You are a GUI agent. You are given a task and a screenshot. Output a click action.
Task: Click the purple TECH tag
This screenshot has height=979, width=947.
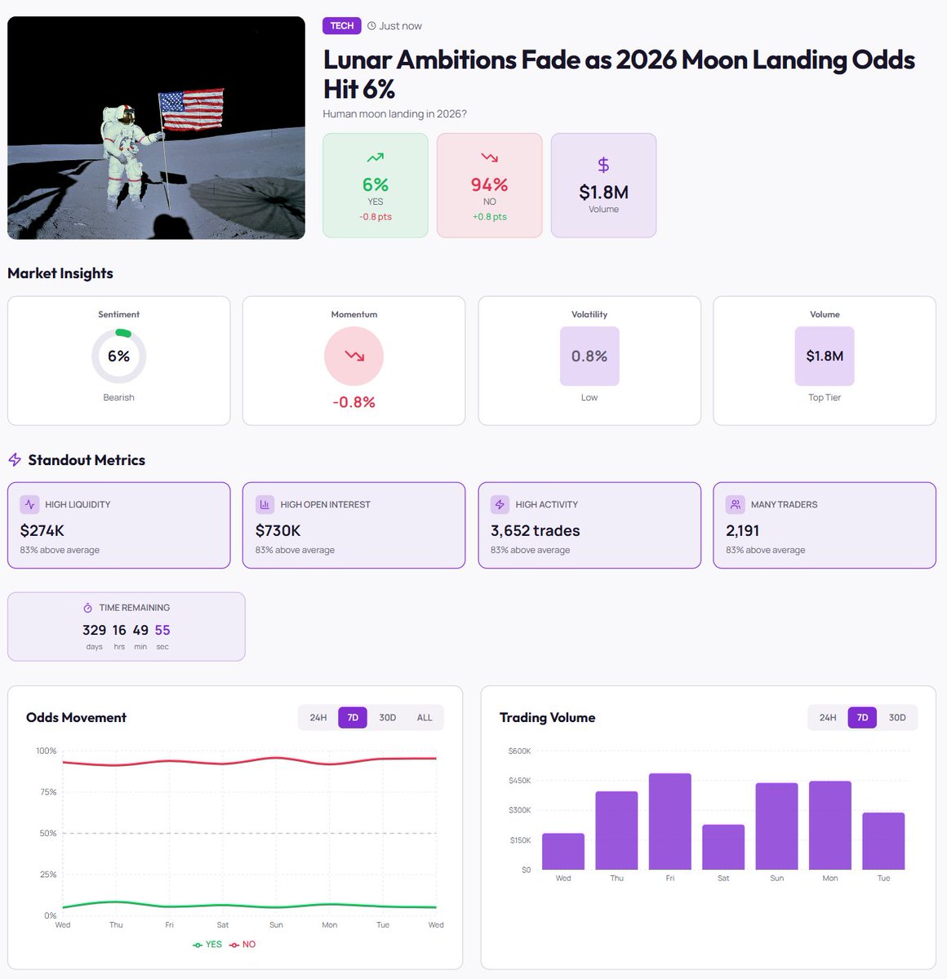click(x=341, y=25)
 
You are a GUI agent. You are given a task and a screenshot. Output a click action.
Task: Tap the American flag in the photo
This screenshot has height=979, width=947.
click(x=191, y=109)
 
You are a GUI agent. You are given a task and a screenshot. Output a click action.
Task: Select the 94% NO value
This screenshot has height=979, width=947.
click(x=489, y=184)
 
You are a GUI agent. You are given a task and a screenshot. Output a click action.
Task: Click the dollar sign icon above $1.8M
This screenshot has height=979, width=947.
click(x=603, y=165)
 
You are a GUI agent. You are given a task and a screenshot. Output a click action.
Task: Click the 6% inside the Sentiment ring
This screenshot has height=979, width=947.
click(x=119, y=357)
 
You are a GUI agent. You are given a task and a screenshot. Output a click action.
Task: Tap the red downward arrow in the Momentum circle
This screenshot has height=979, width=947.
click(x=354, y=357)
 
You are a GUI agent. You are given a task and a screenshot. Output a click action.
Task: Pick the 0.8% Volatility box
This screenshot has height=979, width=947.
click(x=589, y=357)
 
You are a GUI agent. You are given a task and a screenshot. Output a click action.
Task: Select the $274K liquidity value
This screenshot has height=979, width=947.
click(x=42, y=531)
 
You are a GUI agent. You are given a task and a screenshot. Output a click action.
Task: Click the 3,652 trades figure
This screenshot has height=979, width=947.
click(x=536, y=531)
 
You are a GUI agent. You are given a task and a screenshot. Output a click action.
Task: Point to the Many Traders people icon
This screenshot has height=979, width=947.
click(x=735, y=504)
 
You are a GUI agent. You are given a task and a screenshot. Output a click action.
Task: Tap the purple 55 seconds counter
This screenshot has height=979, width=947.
click(x=162, y=630)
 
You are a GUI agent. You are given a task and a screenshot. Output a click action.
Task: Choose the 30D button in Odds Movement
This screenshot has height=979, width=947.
click(x=387, y=717)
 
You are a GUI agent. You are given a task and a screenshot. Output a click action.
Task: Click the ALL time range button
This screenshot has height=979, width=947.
click(x=425, y=717)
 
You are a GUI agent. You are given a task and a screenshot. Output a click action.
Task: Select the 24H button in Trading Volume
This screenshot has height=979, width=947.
click(x=828, y=717)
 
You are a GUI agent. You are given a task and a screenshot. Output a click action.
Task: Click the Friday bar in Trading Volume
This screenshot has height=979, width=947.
click(x=669, y=821)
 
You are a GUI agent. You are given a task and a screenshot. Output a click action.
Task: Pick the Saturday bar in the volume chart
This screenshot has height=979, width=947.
click(x=723, y=847)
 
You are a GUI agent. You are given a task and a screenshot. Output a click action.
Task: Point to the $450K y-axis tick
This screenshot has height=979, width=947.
click(x=519, y=780)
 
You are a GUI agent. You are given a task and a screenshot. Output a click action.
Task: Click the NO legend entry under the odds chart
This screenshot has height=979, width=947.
click(x=242, y=944)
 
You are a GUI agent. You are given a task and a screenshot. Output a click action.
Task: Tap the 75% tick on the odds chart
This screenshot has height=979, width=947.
click(x=48, y=792)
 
